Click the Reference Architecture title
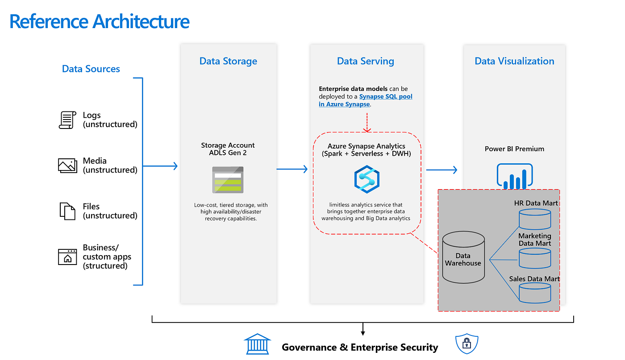tap(99, 21)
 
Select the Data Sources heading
tap(91, 69)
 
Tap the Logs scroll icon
tap(67, 120)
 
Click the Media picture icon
tap(67, 166)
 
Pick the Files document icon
tap(67, 211)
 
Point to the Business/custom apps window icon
tap(67, 257)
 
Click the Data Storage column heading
tap(228, 61)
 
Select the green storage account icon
tap(228, 180)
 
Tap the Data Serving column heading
tap(365, 61)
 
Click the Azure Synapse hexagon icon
tap(367, 178)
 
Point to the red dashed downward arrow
tap(367, 122)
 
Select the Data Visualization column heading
tap(514, 61)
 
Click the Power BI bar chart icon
tap(515, 176)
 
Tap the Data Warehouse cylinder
tap(463, 258)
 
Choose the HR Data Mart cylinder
tap(534, 219)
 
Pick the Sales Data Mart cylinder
tap(534, 293)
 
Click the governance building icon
tap(257, 344)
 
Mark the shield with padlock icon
tap(467, 343)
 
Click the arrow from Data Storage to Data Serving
tap(292, 169)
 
